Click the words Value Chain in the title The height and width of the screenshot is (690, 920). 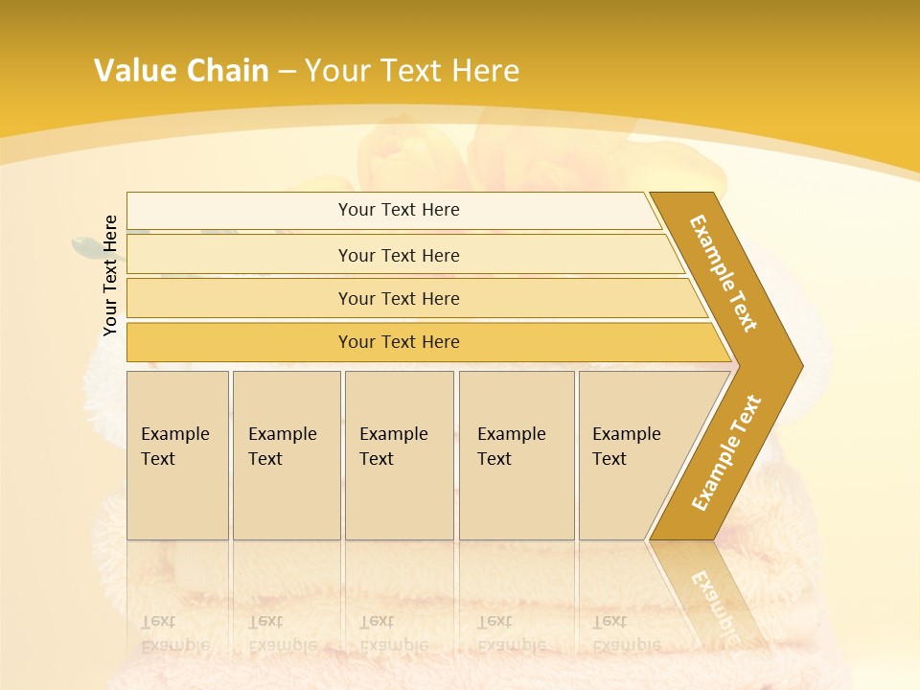point(181,71)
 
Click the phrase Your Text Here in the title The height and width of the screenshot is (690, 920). point(412,71)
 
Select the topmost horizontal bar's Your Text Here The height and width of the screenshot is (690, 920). point(399,210)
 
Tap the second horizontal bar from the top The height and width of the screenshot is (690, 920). point(399,255)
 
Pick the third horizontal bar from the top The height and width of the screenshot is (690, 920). point(399,298)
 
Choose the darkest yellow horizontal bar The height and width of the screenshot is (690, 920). point(399,342)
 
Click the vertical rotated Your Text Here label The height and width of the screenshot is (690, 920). point(110,275)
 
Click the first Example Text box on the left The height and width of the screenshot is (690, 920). point(177,455)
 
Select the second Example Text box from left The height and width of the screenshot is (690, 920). point(286,455)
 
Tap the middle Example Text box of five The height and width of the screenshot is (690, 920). point(398,455)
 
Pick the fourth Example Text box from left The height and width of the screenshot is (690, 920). point(516,455)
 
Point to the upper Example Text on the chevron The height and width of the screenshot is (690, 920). point(724,273)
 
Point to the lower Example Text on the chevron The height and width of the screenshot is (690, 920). point(726,452)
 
